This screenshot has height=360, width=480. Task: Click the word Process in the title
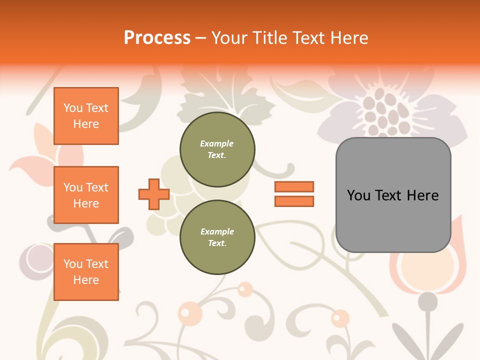click(x=157, y=38)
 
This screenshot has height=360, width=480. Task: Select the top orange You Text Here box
click(x=86, y=116)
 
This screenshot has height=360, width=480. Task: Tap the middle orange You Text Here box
click(x=86, y=195)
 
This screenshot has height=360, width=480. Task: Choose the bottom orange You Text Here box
click(x=86, y=272)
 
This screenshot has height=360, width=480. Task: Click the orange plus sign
click(x=154, y=194)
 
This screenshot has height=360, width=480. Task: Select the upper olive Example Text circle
click(x=217, y=149)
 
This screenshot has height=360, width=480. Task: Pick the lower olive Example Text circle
click(x=217, y=237)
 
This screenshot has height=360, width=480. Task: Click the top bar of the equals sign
click(x=294, y=187)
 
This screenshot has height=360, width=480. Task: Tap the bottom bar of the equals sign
click(x=294, y=201)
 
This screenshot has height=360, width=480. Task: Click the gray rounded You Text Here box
click(x=393, y=195)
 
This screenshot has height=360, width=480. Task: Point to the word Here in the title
click(x=348, y=38)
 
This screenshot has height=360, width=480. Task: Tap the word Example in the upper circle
click(x=217, y=143)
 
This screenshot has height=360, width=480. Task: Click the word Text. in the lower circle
click(x=217, y=243)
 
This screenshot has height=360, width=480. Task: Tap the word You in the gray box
click(x=358, y=195)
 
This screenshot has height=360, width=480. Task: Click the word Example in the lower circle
click(x=217, y=231)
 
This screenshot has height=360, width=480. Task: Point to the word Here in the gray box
click(x=422, y=195)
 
